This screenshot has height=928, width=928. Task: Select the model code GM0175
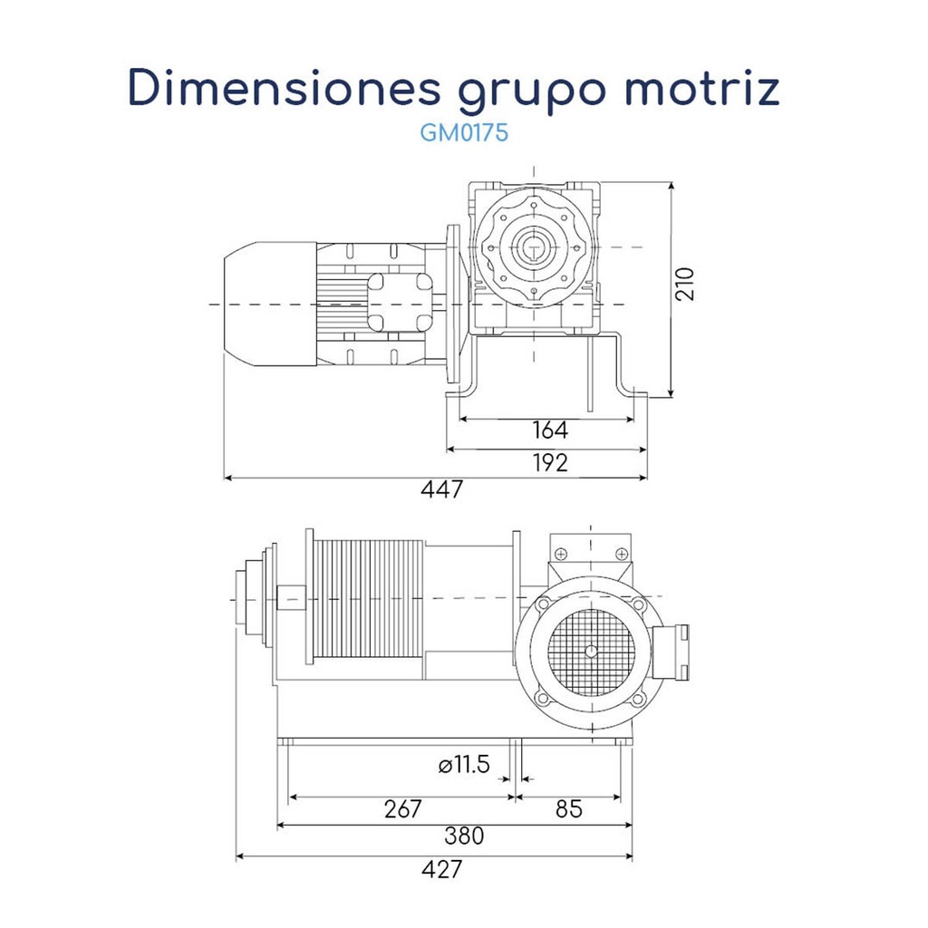tap(463, 133)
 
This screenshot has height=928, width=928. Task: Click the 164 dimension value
tap(549, 430)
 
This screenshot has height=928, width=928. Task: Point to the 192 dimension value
tap(549, 462)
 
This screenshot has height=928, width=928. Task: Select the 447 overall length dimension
tap(441, 490)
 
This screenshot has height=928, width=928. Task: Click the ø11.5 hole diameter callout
tap(463, 766)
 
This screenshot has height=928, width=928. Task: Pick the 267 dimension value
tap(402, 809)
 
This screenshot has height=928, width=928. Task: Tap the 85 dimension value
tap(568, 809)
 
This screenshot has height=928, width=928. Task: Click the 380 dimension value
tap(464, 836)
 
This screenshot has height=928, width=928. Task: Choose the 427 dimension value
tap(441, 869)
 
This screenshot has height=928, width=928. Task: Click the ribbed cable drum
tap(367, 598)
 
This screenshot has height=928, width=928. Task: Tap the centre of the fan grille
tap(591, 650)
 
